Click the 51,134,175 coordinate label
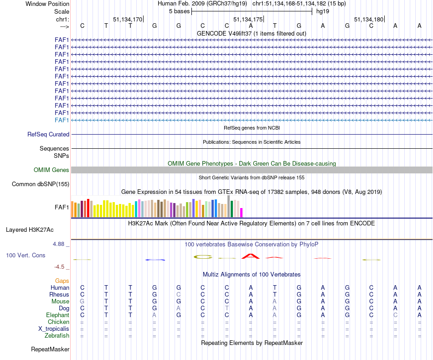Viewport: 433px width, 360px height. [248, 19]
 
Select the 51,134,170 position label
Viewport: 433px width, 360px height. [128, 19]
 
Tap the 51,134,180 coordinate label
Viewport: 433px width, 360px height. [369, 19]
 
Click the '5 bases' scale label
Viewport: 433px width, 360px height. [179, 11]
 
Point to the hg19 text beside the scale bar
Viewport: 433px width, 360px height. [323, 11]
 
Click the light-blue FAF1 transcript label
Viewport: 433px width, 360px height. [62, 120]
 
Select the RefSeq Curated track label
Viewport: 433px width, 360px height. [48, 135]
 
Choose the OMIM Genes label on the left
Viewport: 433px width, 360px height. [52, 170]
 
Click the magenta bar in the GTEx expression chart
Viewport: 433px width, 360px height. [242, 213]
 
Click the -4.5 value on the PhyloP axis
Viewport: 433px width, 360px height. [60, 267]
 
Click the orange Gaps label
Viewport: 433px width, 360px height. [62, 281]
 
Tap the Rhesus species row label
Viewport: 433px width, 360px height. [59, 295]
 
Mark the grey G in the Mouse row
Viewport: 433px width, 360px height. [82, 302]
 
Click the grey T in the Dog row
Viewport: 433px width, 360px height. [227, 308]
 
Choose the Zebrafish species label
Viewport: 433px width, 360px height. [57, 336]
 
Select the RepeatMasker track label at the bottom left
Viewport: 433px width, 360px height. [50, 350]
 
